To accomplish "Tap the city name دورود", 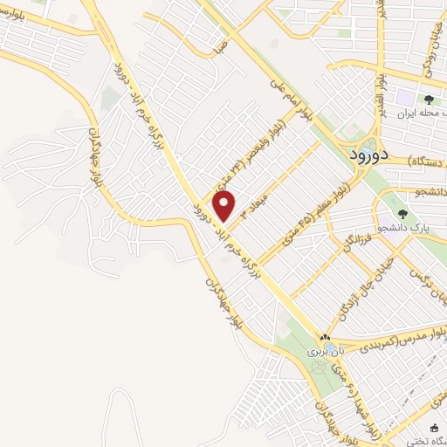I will point(359,155).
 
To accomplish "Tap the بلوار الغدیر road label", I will point(381,87).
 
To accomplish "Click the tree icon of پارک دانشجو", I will point(402,213).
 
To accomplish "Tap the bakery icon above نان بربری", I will point(325,337).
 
